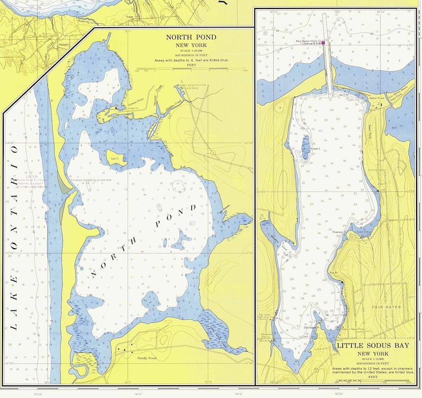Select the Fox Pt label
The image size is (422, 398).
coord(333,273)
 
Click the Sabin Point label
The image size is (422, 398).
coord(376,98)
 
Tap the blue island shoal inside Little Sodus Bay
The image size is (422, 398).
coord(305,147)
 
